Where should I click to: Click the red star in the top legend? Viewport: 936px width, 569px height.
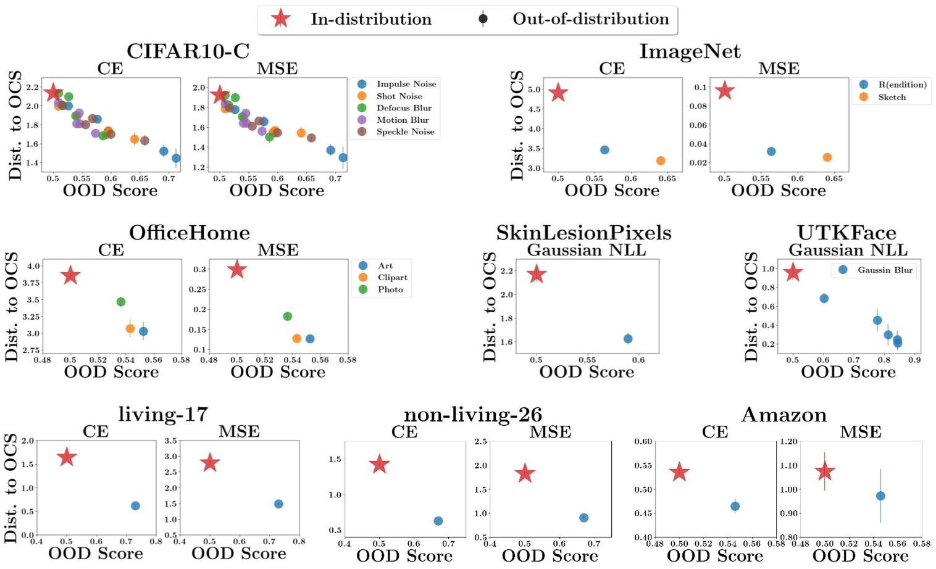coord(281,19)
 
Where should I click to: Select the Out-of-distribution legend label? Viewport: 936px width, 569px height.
coord(590,19)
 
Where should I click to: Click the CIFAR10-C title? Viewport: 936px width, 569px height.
coord(188,51)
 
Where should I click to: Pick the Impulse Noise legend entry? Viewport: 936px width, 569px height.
coord(406,84)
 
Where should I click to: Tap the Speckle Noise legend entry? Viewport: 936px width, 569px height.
coord(405,131)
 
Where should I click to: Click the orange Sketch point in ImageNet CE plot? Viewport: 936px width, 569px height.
coord(661,160)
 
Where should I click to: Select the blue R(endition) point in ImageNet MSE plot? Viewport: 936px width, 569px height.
coord(771,151)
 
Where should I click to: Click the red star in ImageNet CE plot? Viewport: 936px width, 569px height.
coord(558,93)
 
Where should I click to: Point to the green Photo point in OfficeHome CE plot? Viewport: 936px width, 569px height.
coord(121,302)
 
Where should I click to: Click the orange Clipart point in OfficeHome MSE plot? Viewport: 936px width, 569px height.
coord(296,338)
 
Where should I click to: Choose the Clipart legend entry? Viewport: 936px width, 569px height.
coord(392,277)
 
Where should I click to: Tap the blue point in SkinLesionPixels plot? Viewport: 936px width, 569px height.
coord(628,339)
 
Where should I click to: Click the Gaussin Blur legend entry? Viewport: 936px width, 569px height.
coord(884,270)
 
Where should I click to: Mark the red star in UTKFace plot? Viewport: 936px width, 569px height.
coord(793,272)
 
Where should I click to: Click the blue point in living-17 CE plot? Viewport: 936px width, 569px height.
coord(135,505)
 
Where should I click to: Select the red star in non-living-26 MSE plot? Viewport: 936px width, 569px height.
coord(525,473)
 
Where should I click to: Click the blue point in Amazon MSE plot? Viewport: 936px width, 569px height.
coord(880,496)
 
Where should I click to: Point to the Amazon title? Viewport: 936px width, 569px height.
coord(783,415)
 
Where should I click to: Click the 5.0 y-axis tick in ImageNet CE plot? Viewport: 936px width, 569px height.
coord(535,89)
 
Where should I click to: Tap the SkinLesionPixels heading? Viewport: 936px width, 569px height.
coord(583,233)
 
